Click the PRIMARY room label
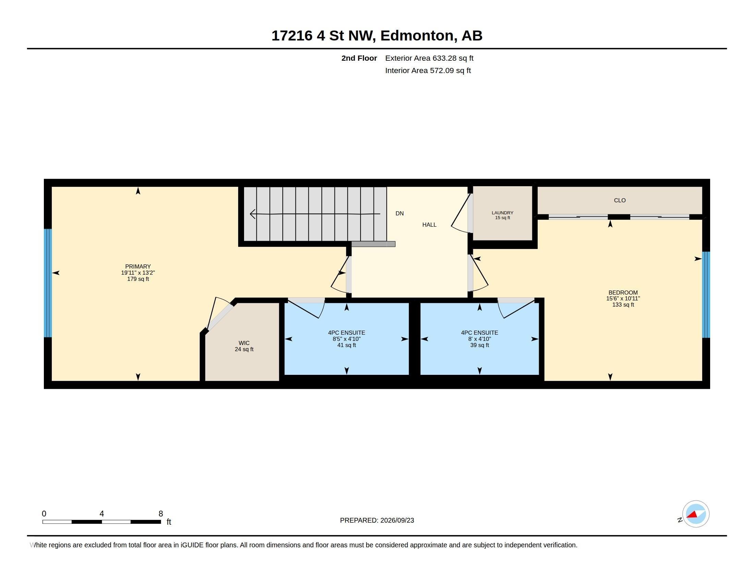pyautogui.click(x=138, y=266)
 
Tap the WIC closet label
pyautogui.click(x=244, y=343)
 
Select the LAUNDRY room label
pyautogui.click(x=502, y=213)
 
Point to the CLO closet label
pyautogui.click(x=620, y=200)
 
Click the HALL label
pyautogui.click(x=429, y=225)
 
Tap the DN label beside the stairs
pyautogui.click(x=399, y=213)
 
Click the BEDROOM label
pyautogui.click(x=623, y=293)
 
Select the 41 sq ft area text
pyautogui.click(x=346, y=345)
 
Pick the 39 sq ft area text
pyautogui.click(x=479, y=345)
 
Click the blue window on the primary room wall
pyautogui.click(x=48, y=283)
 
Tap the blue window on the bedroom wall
pyautogui.click(x=706, y=295)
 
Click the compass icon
pyautogui.click(x=696, y=514)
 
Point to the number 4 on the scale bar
pyautogui.click(x=101, y=514)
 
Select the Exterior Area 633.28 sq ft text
pyautogui.click(x=429, y=58)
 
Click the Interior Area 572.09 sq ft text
pyautogui.click(x=428, y=70)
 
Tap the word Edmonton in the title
pyautogui.click(x=417, y=36)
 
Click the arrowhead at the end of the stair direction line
pyautogui.click(x=252, y=214)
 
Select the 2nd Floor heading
pyautogui.click(x=359, y=58)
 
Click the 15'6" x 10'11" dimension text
pyautogui.click(x=623, y=298)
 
